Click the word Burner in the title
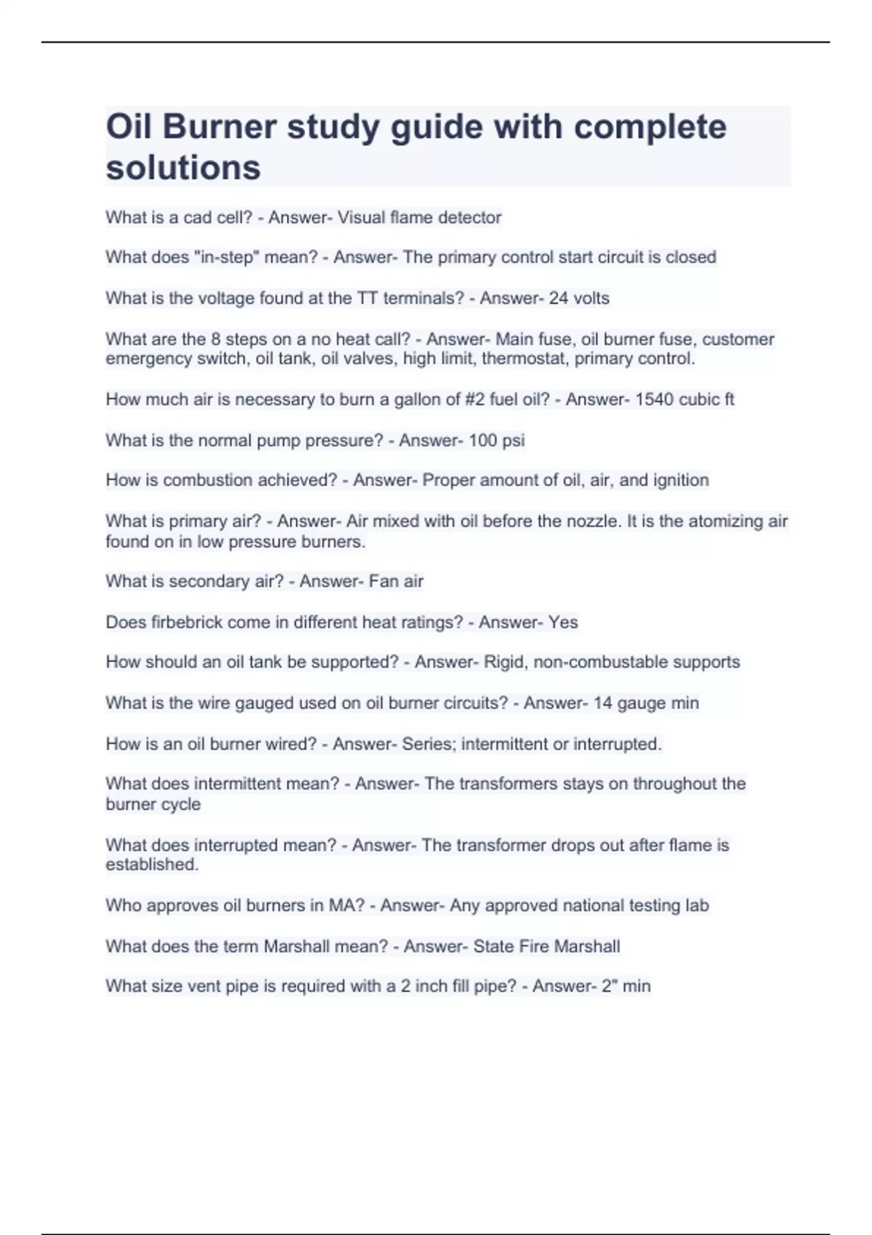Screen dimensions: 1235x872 point(219,128)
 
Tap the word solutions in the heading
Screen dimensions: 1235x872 point(183,169)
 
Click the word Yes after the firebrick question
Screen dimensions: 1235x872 point(563,623)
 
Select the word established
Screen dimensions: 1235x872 point(151,865)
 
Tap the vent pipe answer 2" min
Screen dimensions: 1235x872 point(626,987)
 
